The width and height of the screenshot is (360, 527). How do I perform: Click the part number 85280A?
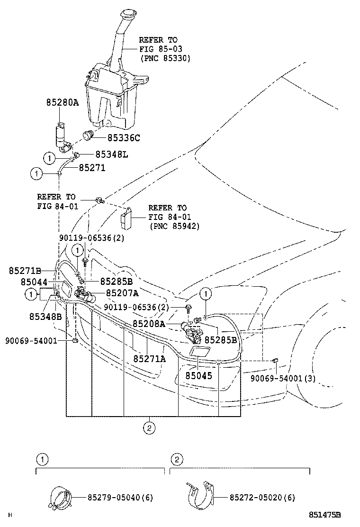[63, 102]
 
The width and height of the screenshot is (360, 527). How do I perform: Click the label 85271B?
[25, 271]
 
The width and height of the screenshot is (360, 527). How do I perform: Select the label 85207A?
[122, 293]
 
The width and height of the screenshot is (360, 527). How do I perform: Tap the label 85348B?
[45, 316]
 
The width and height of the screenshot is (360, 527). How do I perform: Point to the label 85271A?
[149, 358]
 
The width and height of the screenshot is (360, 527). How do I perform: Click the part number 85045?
[198, 374]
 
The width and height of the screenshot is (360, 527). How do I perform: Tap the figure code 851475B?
[325, 515]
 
